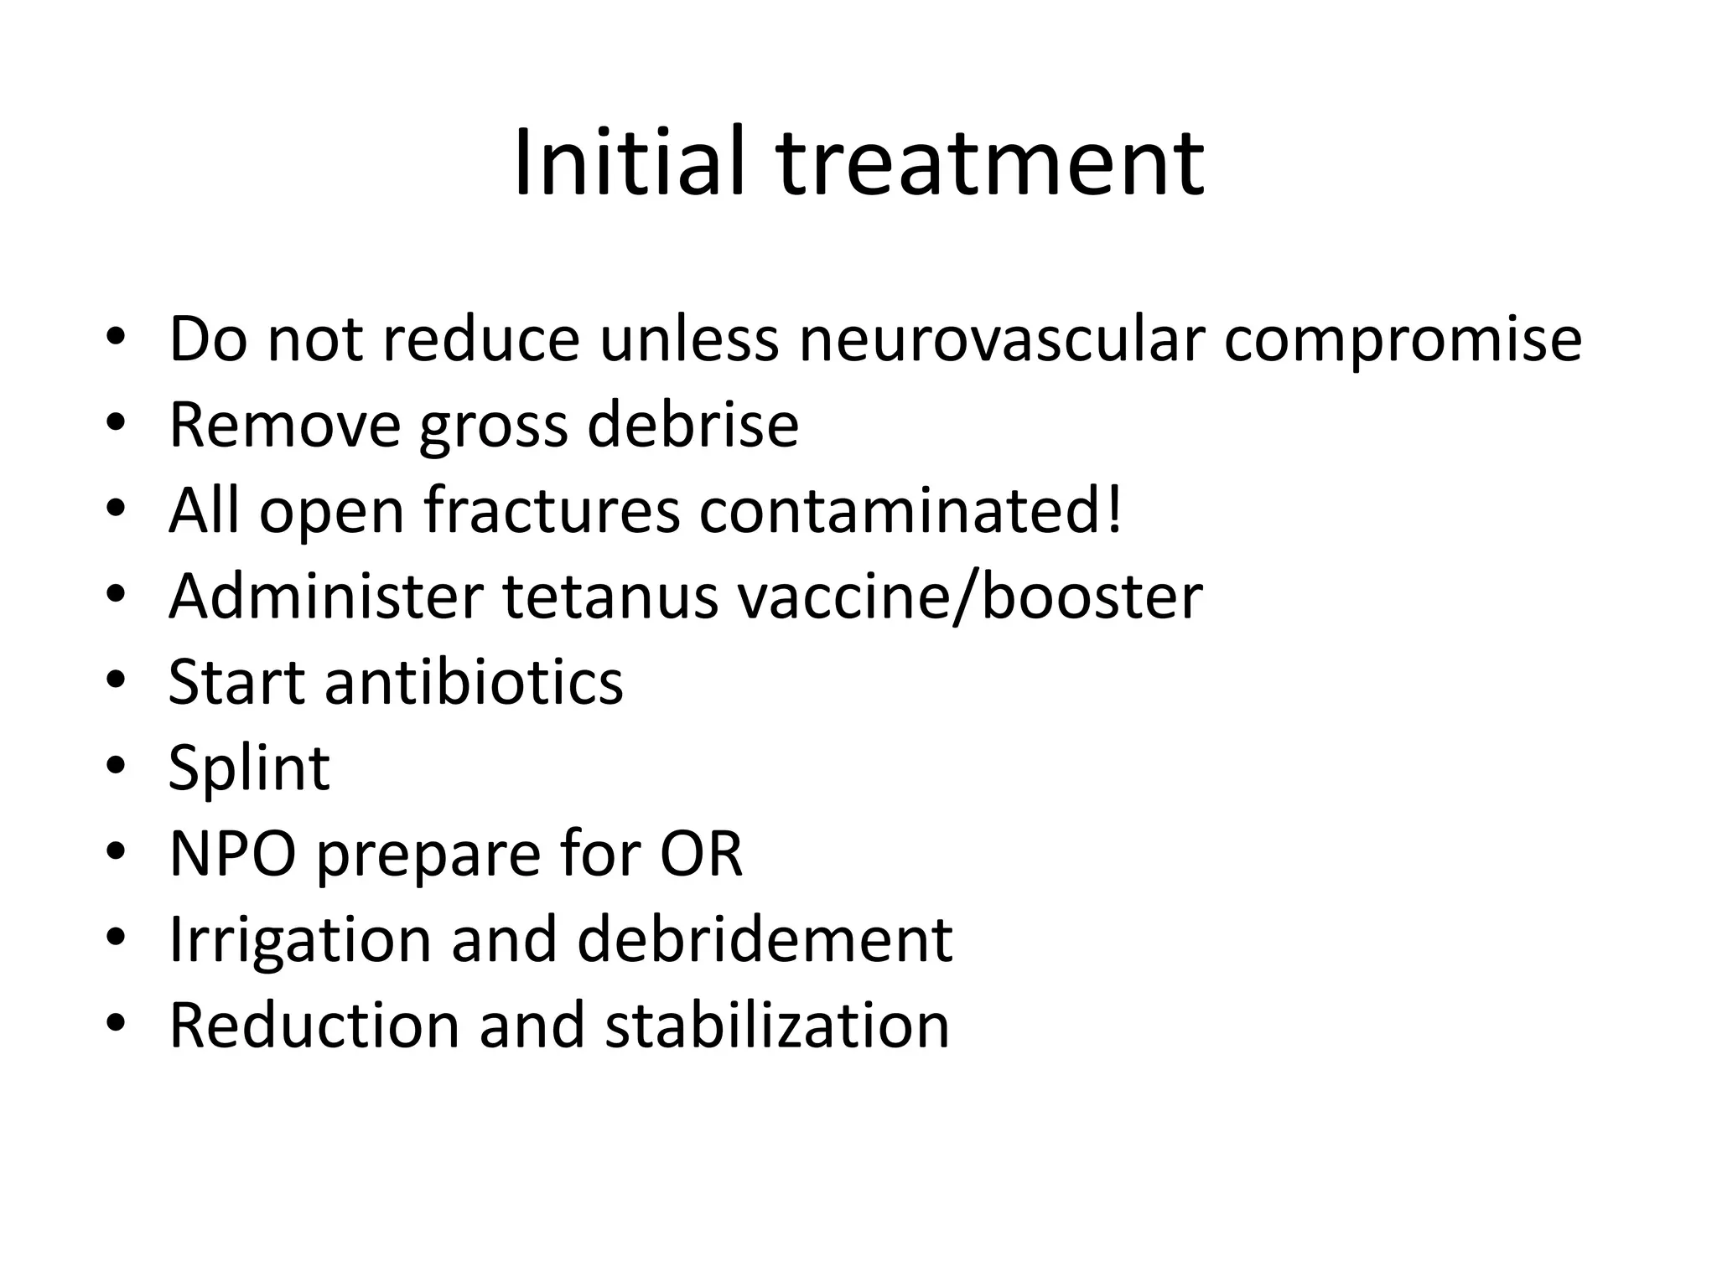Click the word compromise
[x=1403, y=340]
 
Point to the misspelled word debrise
[x=693, y=425]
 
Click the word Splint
[x=249, y=768]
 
